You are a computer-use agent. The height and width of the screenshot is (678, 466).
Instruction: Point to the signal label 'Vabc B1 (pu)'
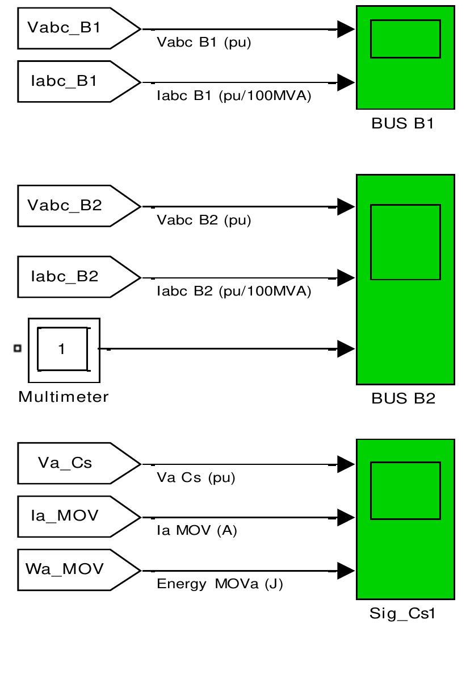(x=204, y=43)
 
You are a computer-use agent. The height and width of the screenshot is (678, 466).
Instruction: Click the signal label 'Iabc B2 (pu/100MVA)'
(x=234, y=292)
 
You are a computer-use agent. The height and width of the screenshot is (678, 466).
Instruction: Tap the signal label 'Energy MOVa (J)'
(x=220, y=584)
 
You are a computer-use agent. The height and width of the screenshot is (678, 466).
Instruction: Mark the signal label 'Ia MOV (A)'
(x=197, y=531)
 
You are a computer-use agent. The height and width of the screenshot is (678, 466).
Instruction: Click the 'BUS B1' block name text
(x=402, y=124)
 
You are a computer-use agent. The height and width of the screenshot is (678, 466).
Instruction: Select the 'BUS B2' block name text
(x=403, y=398)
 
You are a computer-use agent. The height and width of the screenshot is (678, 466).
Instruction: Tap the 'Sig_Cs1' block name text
(x=403, y=614)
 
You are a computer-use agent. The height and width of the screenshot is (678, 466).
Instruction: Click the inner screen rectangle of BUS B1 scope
(x=405, y=39)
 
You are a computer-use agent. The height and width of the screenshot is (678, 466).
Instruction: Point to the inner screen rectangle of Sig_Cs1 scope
(x=405, y=490)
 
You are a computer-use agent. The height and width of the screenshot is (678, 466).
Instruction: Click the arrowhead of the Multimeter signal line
(x=345, y=349)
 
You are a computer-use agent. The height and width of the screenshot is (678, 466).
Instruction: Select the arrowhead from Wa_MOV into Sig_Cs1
(x=345, y=570)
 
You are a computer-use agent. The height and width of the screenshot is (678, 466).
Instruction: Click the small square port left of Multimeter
(x=18, y=348)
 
